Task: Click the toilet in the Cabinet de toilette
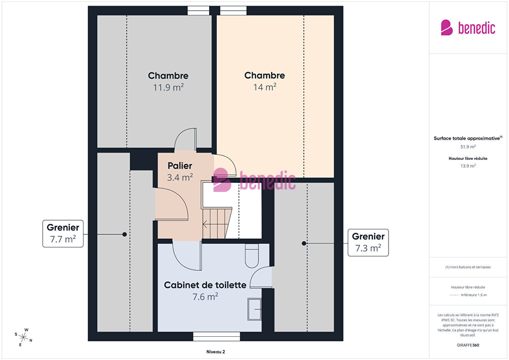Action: tap(252, 256)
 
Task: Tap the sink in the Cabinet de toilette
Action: tap(254, 309)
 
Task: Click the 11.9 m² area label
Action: tap(168, 87)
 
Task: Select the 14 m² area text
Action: tap(265, 87)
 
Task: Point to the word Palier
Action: tap(180, 166)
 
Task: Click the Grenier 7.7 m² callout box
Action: tap(63, 234)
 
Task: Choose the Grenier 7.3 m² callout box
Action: tap(368, 243)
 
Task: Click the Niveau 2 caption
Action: tap(215, 352)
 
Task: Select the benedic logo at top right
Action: tap(468, 28)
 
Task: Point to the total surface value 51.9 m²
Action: tap(468, 147)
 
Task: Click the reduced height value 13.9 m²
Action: tap(468, 166)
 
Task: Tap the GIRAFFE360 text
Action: tap(468, 345)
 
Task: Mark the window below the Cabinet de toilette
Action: tap(216, 336)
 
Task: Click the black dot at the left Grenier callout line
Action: tap(124, 234)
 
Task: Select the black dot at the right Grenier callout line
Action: tap(304, 244)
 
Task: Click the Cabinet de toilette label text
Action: tap(205, 285)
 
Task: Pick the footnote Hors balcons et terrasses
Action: tap(468, 267)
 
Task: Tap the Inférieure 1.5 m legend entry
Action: tap(474, 295)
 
